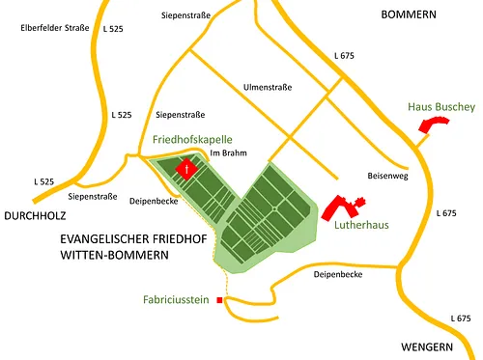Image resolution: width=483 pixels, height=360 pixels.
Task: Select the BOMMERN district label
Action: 409,14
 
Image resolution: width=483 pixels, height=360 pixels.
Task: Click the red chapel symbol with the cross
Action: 187,168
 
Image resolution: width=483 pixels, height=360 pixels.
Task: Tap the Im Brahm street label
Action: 224,153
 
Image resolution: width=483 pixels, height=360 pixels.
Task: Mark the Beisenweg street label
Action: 389,177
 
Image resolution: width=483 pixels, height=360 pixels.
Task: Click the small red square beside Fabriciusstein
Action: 220,300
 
